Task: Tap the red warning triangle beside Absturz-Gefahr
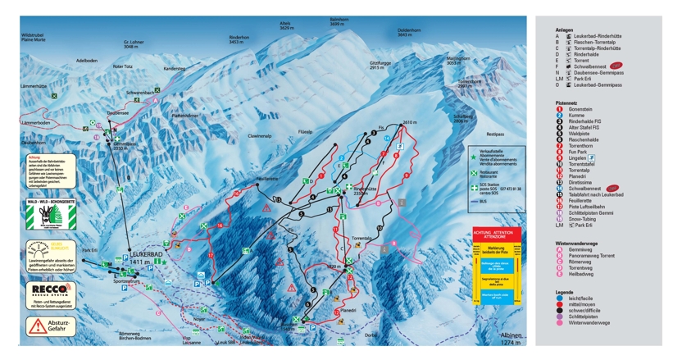point(38,325)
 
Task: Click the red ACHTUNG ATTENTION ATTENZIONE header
point(497,234)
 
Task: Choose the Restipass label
point(494,133)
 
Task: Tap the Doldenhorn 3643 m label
point(409,34)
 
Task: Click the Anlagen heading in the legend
point(564,30)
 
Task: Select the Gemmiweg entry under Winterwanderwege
point(580,249)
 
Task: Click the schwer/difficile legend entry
point(582,309)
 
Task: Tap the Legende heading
point(564,291)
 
